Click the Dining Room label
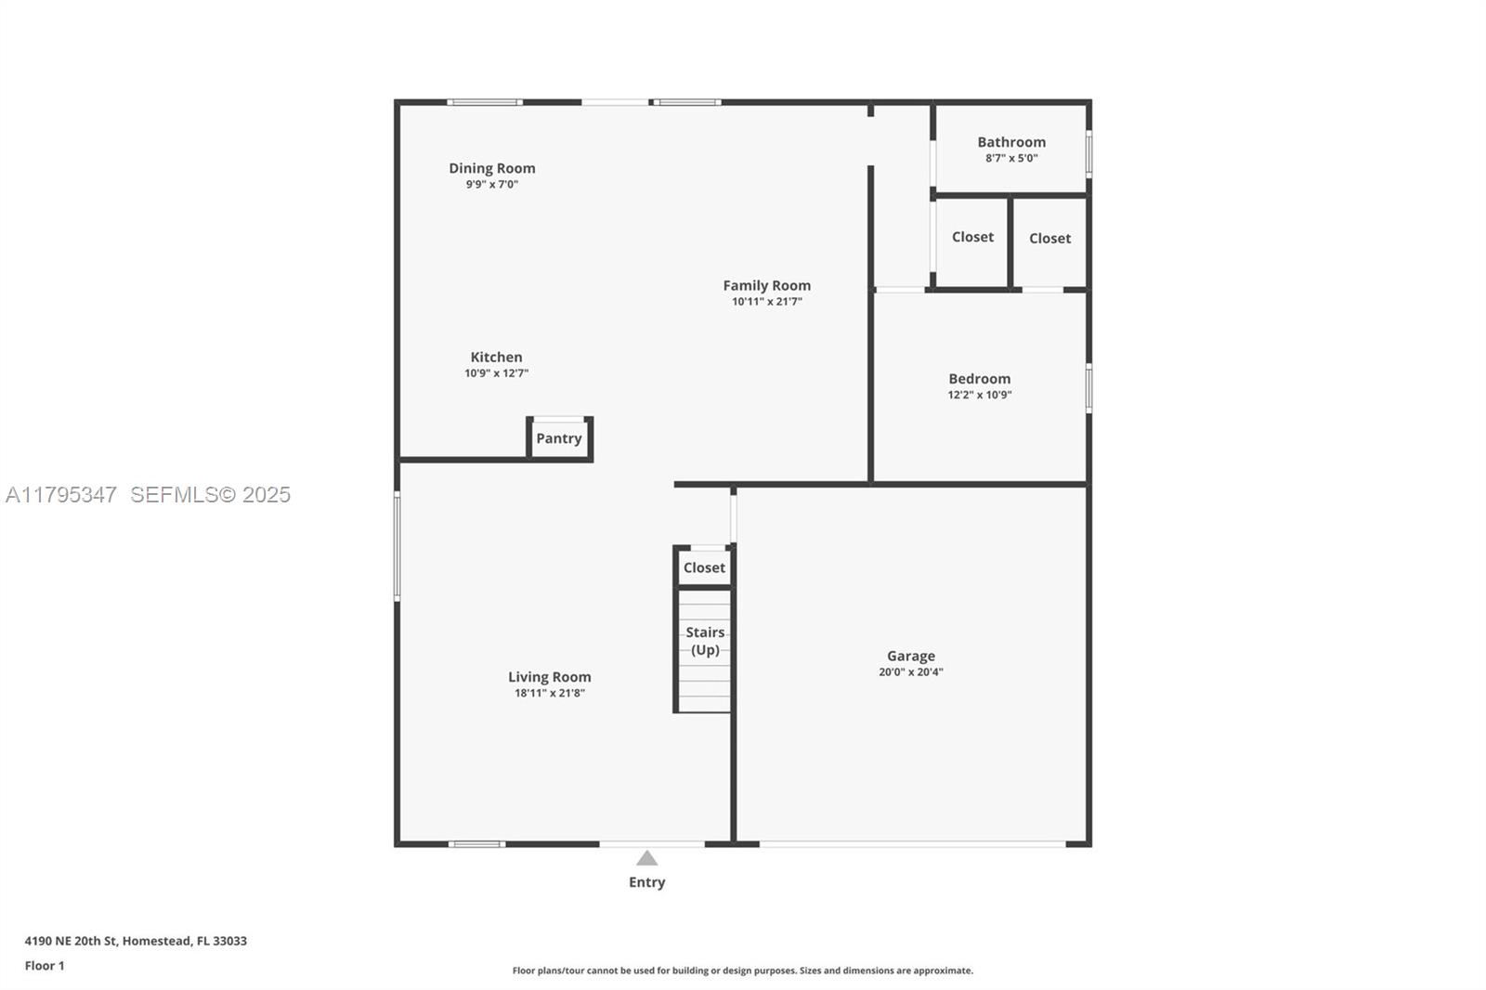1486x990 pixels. point(491,168)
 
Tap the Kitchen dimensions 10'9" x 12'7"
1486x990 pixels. point(496,373)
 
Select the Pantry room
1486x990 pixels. point(559,438)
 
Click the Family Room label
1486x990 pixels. point(766,285)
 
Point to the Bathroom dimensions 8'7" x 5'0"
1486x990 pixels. point(1011,158)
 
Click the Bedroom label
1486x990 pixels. point(979,378)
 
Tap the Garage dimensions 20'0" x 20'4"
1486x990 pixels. point(910,672)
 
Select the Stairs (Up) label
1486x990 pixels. point(705,641)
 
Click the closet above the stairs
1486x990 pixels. point(704,567)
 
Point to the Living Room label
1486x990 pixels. point(549,677)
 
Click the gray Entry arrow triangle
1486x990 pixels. point(647,858)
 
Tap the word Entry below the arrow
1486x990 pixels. point(646,882)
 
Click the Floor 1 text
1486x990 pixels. point(45,966)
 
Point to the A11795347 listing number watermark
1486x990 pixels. point(61,494)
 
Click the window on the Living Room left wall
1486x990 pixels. point(398,546)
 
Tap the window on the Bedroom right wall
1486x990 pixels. point(1088,387)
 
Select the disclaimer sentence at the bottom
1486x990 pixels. point(742,970)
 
